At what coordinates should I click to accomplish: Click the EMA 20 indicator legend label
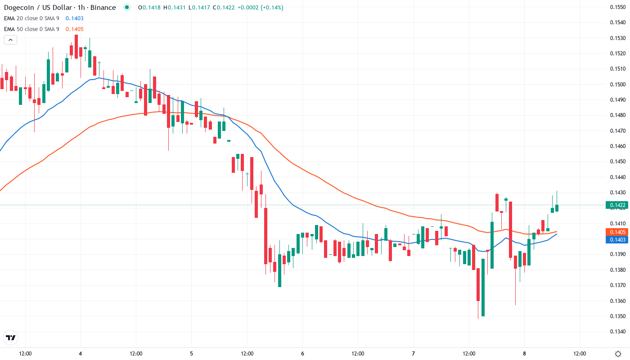click(x=31, y=18)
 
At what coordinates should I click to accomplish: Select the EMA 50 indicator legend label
click(x=31, y=29)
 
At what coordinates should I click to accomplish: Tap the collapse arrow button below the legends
click(x=10, y=40)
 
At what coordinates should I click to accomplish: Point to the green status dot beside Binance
click(x=127, y=7)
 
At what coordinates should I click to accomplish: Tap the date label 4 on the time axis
click(x=80, y=353)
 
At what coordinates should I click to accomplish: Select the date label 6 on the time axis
click(x=302, y=353)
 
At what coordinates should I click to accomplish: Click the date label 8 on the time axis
click(x=524, y=353)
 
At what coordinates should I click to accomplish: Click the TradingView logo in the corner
click(x=11, y=337)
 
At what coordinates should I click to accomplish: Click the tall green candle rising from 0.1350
click(x=483, y=287)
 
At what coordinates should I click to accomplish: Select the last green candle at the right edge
click(x=557, y=208)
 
